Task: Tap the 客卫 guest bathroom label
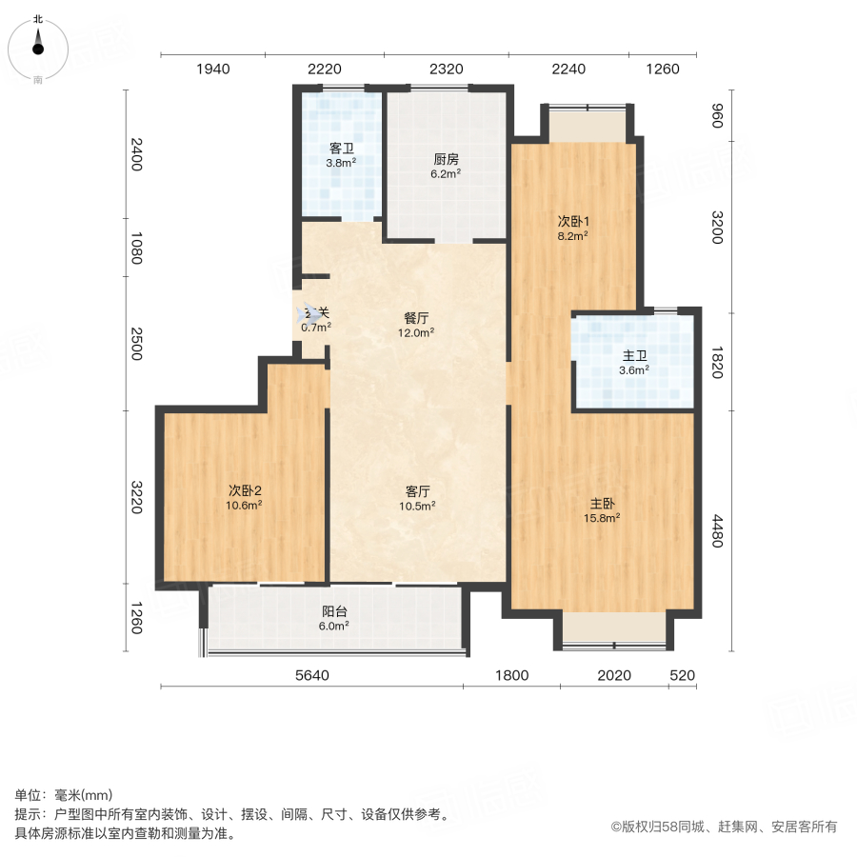[x=341, y=149]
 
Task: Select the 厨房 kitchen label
[x=446, y=160]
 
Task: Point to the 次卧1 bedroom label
[x=571, y=221]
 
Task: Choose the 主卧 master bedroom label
[x=603, y=505]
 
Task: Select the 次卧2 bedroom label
[x=244, y=490]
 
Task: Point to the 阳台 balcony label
[x=334, y=612]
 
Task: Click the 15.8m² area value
[x=603, y=519]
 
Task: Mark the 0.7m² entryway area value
[x=315, y=328]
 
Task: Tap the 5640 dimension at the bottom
[x=312, y=676]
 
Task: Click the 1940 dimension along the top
[x=213, y=69]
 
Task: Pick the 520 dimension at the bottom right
[x=682, y=676]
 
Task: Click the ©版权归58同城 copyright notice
[x=724, y=827]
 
